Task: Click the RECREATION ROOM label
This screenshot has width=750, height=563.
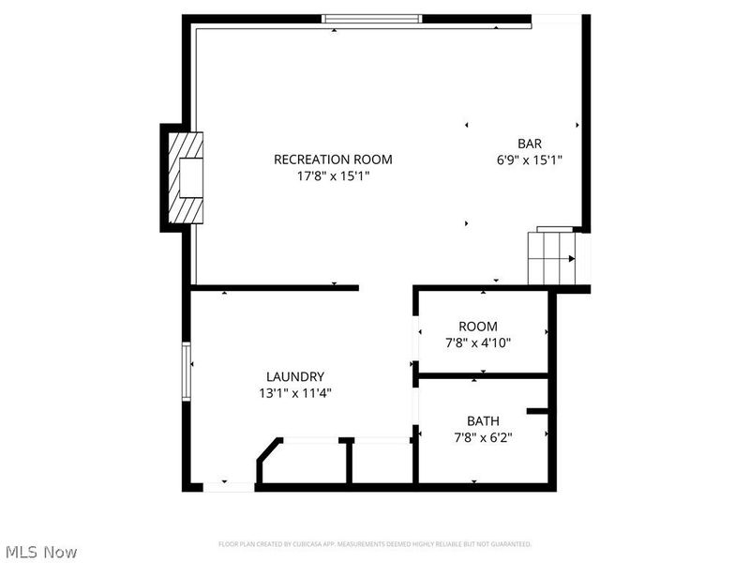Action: (333, 160)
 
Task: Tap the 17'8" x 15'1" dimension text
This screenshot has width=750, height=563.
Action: (333, 176)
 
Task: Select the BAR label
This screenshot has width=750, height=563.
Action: (530, 144)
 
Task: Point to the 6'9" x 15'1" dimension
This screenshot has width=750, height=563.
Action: (530, 160)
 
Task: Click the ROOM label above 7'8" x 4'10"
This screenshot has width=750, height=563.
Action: (478, 327)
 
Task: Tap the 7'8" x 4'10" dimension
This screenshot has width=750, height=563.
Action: (478, 343)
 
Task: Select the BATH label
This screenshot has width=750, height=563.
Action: (483, 420)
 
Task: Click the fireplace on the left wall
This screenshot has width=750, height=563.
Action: (186, 176)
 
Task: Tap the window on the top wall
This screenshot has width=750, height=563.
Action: (371, 18)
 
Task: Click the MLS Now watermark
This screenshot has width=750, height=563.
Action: (41, 552)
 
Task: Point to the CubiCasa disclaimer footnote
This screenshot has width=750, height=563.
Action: (375, 544)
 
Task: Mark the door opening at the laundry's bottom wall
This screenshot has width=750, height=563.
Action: (229, 486)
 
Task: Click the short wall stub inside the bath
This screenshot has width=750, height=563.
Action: (538, 411)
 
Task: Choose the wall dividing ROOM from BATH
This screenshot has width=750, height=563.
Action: (482, 376)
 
